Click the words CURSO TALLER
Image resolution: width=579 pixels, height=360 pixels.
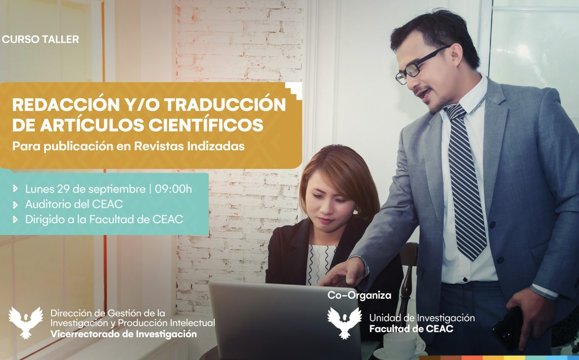[40, 39]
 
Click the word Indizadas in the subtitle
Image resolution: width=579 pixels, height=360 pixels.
[216, 146]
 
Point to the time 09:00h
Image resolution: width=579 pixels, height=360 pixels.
[173, 189]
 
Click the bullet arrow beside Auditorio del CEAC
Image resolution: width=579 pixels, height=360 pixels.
[15, 204]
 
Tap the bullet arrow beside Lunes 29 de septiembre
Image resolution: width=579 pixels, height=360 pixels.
[15, 189]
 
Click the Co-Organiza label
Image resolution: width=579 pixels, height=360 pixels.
[359, 295]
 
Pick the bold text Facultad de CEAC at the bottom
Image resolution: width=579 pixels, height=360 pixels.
[411, 329]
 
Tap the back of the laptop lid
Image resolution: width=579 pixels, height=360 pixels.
[285, 321]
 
